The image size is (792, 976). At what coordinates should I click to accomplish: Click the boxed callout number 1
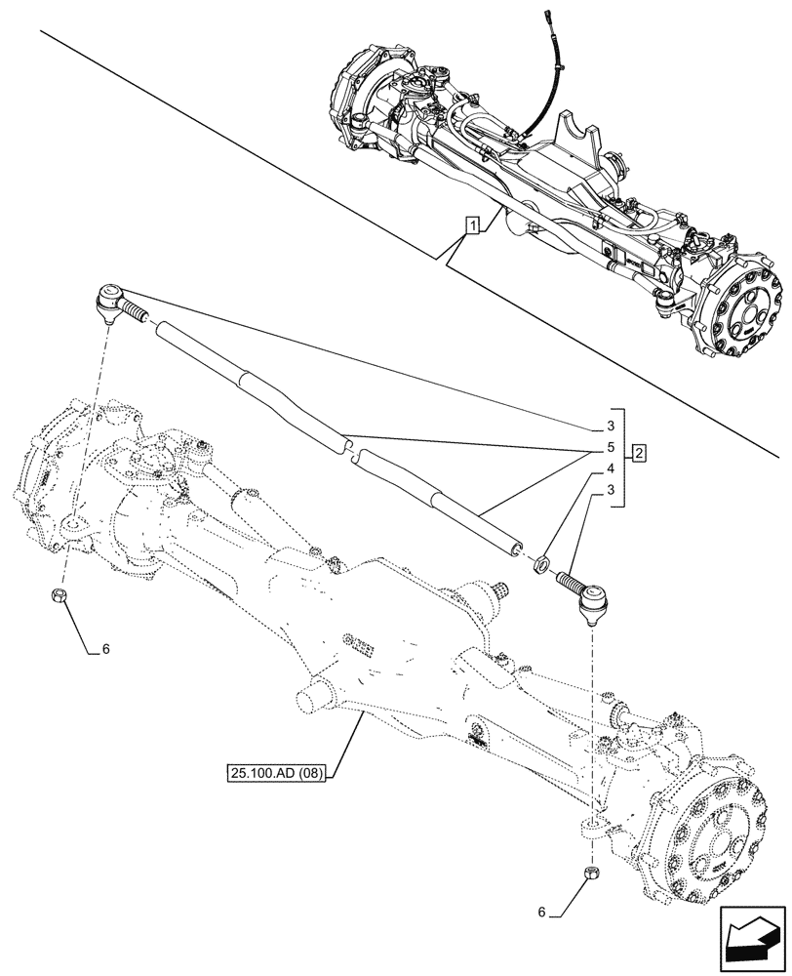472,226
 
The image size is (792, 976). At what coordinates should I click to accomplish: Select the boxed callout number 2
638,453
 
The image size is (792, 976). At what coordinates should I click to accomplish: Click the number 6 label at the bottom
540,915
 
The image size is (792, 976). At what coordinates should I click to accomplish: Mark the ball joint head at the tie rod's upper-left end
109,296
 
